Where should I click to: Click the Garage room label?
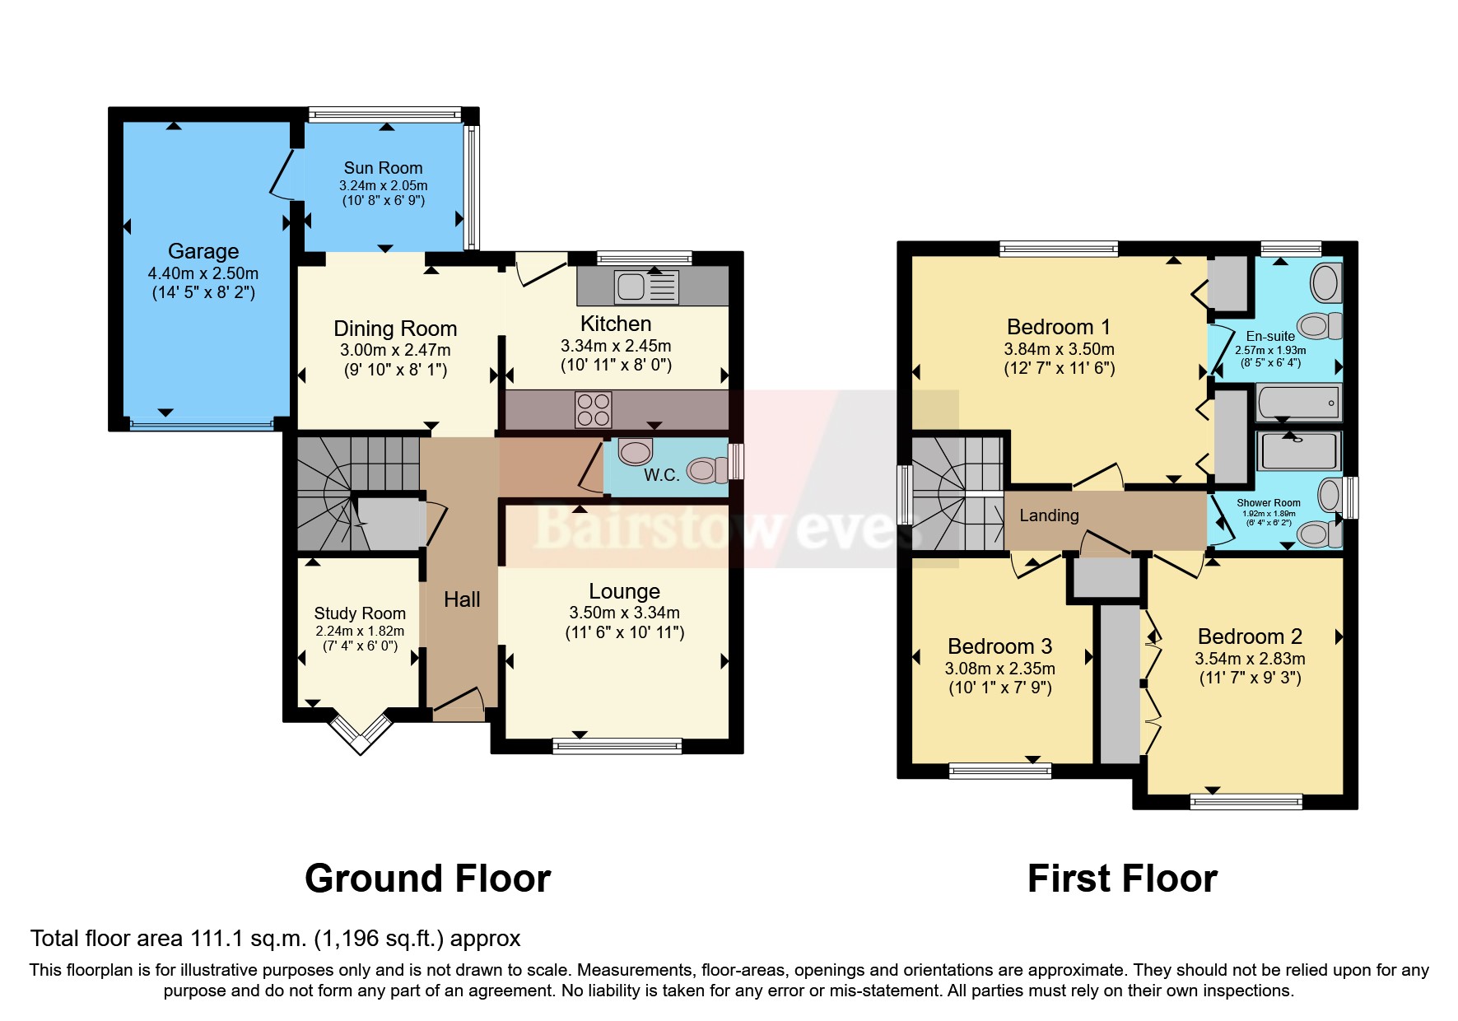(203, 251)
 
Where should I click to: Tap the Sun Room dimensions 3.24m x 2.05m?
(383, 186)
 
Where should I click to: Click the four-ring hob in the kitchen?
(594, 409)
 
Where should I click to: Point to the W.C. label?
(661, 475)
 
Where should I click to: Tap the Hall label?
(462, 599)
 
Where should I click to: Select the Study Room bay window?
(361, 732)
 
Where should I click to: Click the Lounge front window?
(617, 747)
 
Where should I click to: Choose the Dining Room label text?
(395, 329)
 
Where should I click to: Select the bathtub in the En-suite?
(1297, 403)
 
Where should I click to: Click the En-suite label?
(1270, 336)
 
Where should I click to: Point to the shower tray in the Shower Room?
(1299, 450)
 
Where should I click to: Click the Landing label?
(1049, 515)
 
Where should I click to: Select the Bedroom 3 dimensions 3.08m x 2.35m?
(999, 669)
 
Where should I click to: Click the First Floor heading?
(1122, 879)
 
